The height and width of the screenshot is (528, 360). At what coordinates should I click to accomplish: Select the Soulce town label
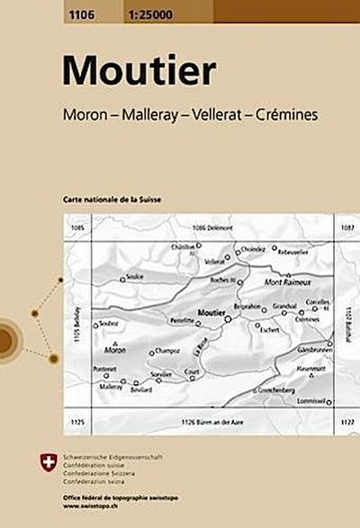[x=135, y=276]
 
